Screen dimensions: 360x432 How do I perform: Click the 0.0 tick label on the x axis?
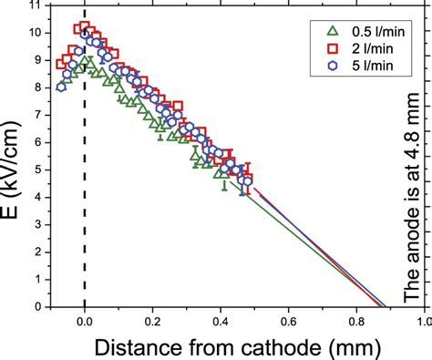(x=85, y=321)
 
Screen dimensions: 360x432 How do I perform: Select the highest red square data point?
(x=84, y=27)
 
